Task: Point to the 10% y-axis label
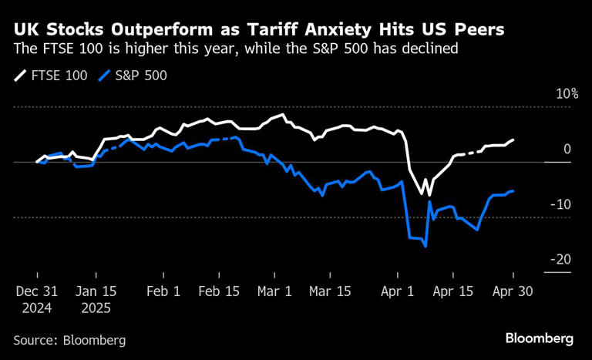pyautogui.click(x=567, y=94)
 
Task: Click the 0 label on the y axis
pyautogui.click(x=567, y=150)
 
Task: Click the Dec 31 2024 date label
pyautogui.click(x=38, y=300)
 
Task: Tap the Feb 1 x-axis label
pyautogui.click(x=163, y=293)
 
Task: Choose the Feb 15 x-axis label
pyautogui.click(x=219, y=293)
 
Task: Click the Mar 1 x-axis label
pyautogui.click(x=275, y=293)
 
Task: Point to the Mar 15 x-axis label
pyautogui.click(x=331, y=293)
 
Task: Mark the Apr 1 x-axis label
pyautogui.click(x=399, y=293)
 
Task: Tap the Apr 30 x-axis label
pyautogui.click(x=513, y=293)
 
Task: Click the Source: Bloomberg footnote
pyautogui.click(x=69, y=339)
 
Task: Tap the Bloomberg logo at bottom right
pyautogui.click(x=540, y=338)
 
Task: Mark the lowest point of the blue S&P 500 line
pyautogui.click(x=425, y=247)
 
